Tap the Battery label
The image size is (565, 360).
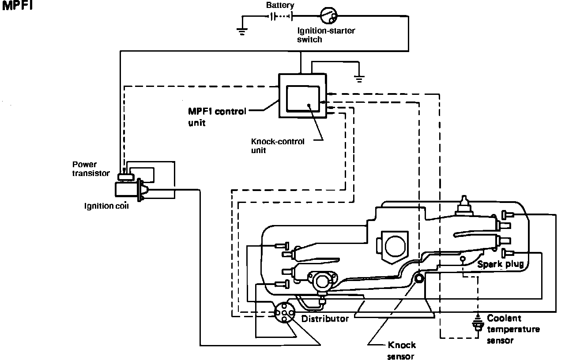tap(280, 5)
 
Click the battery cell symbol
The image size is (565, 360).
tap(281, 17)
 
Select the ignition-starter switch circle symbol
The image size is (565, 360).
tap(329, 15)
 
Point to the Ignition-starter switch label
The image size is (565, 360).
tap(326, 35)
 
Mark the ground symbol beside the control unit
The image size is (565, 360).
tap(359, 79)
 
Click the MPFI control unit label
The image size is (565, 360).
tap(217, 117)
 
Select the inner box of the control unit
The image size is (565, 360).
tap(303, 98)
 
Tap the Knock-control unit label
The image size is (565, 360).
tap(278, 146)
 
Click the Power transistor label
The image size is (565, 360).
tap(91, 169)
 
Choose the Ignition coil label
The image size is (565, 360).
tap(106, 206)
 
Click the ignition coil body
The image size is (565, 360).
tap(126, 190)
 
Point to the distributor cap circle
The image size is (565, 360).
tap(284, 313)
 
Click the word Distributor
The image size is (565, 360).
tap(325, 319)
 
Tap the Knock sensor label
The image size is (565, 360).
tap(401, 350)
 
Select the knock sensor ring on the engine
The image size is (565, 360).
tap(419, 278)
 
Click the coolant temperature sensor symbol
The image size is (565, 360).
tap(478, 323)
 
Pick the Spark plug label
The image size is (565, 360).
tap(501, 264)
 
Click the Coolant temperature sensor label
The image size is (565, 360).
tap(513, 329)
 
